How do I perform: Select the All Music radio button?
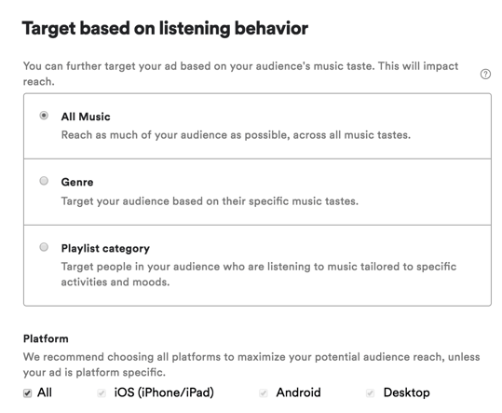[44, 117]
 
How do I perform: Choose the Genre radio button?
[44, 182]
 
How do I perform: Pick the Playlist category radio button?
[44, 248]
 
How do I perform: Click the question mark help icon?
[485, 75]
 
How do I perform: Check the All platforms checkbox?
[27, 393]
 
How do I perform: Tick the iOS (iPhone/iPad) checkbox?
[102, 393]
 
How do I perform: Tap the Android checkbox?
[264, 393]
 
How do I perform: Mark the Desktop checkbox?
[370, 393]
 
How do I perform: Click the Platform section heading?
[46, 338]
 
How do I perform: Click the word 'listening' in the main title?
[191, 29]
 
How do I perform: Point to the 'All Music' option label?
[86, 117]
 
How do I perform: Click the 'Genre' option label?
[77, 183]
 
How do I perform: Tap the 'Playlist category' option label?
[105, 249]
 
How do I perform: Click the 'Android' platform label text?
[298, 393]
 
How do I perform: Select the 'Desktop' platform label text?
[406, 393]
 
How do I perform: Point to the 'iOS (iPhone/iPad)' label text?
[164, 393]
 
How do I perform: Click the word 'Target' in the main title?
[50, 29]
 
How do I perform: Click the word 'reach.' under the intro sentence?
[38, 83]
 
